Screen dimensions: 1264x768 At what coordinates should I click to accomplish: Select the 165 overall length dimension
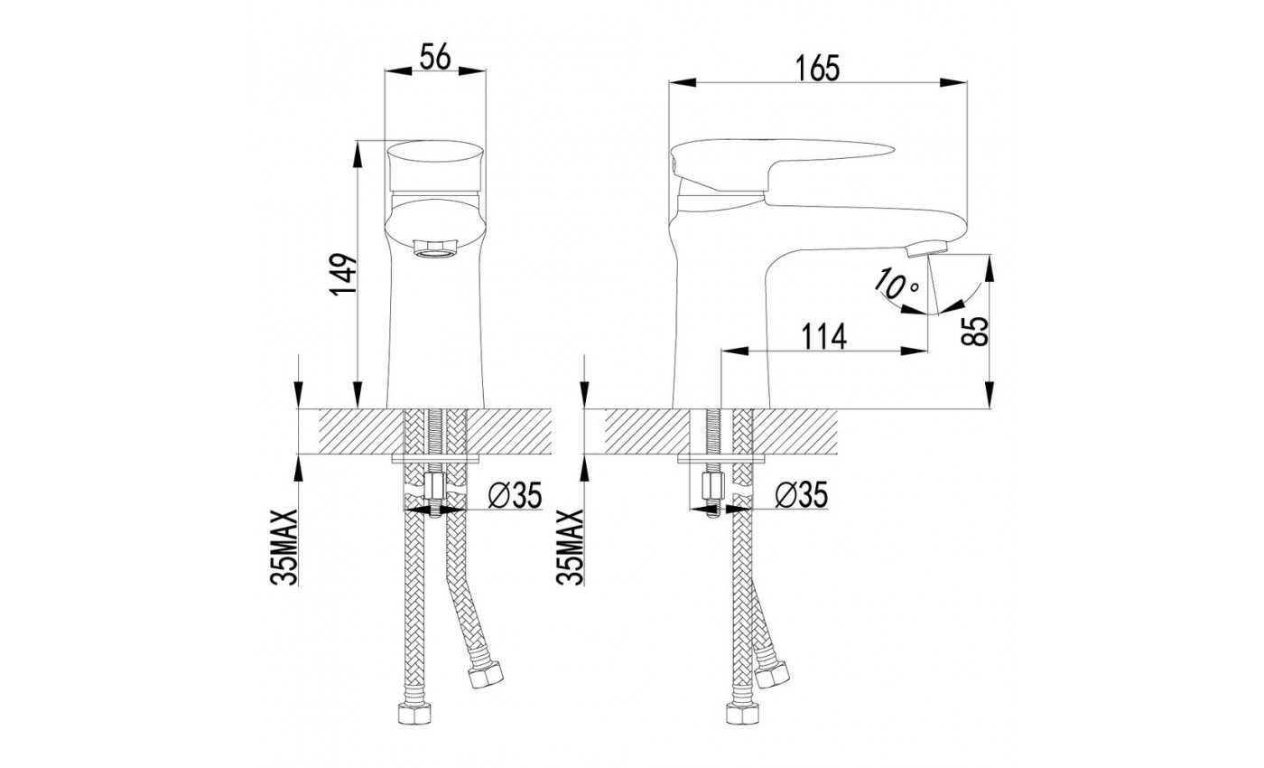pyautogui.click(x=818, y=69)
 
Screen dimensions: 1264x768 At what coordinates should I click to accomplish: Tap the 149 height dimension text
pyautogui.click(x=344, y=275)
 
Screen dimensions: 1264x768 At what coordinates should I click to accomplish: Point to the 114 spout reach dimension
pyautogui.click(x=824, y=337)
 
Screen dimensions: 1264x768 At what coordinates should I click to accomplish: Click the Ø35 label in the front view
pyautogui.click(x=515, y=496)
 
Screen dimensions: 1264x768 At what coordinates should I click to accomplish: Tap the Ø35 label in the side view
pyautogui.click(x=802, y=495)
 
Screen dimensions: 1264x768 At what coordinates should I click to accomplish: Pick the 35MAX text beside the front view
pyautogui.click(x=283, y=548)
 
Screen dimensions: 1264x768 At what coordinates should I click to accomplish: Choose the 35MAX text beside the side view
pyautogui.click(x=570, y=548)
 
